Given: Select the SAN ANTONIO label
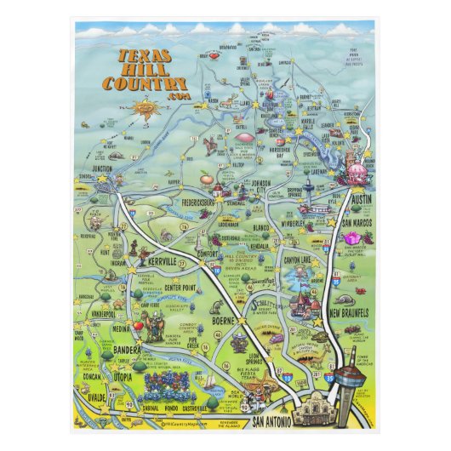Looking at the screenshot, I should pyautogui.click(x=270, y=421).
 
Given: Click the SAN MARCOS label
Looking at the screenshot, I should pyautogui.click(x=360, y=223).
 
